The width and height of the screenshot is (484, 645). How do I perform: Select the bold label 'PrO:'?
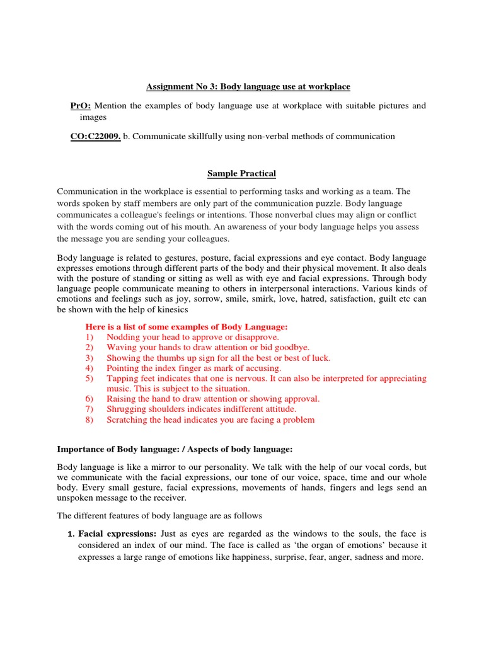pyautogui.click(x=81, y=106)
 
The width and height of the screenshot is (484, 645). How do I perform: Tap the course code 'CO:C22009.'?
pyautogui.click(x=95, y=136)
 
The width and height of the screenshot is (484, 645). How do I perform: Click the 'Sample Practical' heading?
pyautogui.click(x=242, y=173)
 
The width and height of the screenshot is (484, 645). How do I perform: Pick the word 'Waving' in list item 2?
pyautogui.click(x=120, y=348)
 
